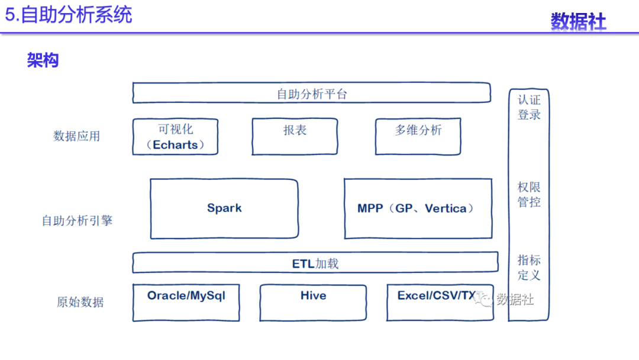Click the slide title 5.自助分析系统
pyautogui.click(x=69, y=14)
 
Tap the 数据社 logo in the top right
pyautogui.click(x=578, y=21)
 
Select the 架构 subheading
pyautogui.click(x=43, y=60)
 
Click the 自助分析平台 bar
pyautogui.click(x=311, y=93)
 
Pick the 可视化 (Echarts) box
pyautogui.click(x=175, y=137)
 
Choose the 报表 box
pyautogui.click(x=295, y=137)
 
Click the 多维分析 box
pyautogui.click(x=418, y=137)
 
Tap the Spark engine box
pyautogui.click(x=224, y=208)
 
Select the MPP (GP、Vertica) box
pyautogui.click(x=418, y=208)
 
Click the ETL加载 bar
pyautogui.click(x=315, y=263)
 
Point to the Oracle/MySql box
pyautogui.click(x=186, y=302)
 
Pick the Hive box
pyautogui.click(x=313, y=302)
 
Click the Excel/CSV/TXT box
pyautogui.click(x=440, y=302)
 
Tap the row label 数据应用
pyautogui.click(x=76, y=136)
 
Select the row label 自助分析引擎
pyautogui.click(x=76, y=221)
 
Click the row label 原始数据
pyautogui.click(x=80, y=302)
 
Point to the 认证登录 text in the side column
pyautogui.click(x=529, y=107)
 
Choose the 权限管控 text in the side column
pyautogui.click(x=529, y=194)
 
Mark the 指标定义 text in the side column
pyautogui.click(x=529, y=268)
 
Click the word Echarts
pyautogui.click(x=175, y=145)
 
